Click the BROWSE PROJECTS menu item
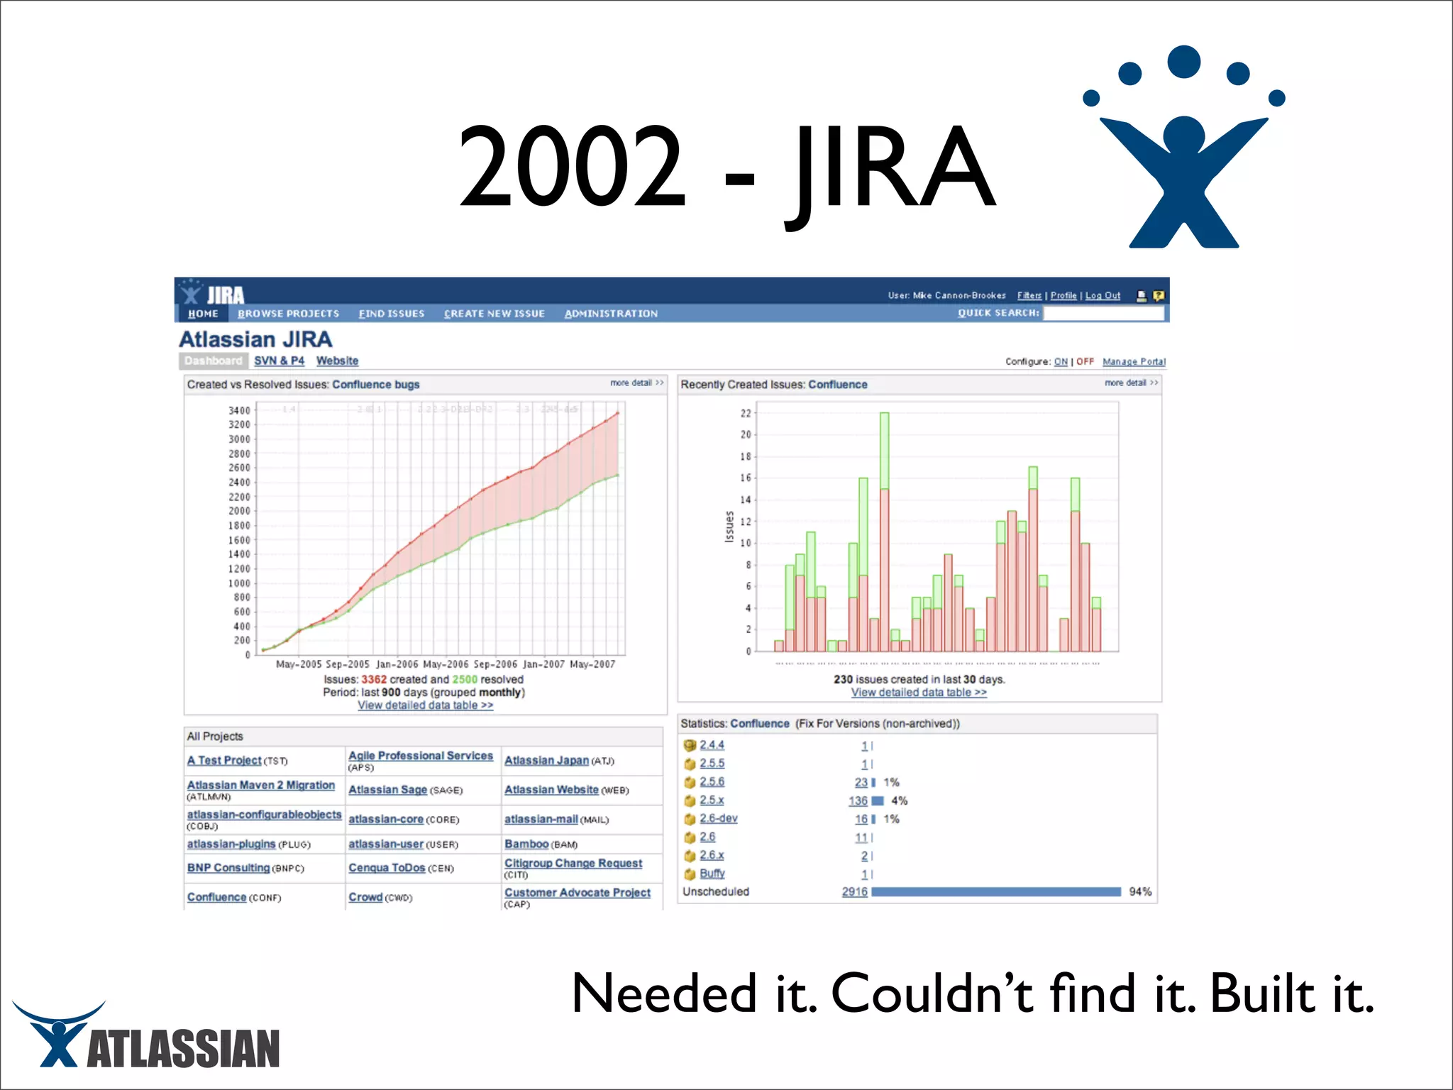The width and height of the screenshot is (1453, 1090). coord(288,314)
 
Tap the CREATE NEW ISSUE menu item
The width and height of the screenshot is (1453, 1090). coord(494,314)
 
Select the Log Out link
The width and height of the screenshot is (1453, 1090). coord(1103,295)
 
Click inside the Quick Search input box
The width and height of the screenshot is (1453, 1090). coord(1103,313)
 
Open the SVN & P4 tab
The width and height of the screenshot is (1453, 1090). coord(279,360)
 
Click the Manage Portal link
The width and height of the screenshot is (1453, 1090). coord(1134,361)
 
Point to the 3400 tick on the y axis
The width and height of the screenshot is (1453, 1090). coord(239,410)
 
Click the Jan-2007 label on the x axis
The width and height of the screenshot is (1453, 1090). coord(543,664)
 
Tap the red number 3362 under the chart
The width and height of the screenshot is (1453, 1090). coord(374,679)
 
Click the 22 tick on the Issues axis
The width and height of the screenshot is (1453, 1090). coord(746,413)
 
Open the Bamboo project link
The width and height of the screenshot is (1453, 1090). coord(526,844)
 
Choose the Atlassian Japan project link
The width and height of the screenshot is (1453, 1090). coord(546,760)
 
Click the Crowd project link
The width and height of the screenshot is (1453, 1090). coord(365,897)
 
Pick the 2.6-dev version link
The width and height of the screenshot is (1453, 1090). coord(718,818)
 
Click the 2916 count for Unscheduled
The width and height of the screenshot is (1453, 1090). coord(854,891)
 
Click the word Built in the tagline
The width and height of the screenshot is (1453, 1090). coord(1263,993)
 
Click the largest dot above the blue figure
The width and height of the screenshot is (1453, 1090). coord(1183,62)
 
